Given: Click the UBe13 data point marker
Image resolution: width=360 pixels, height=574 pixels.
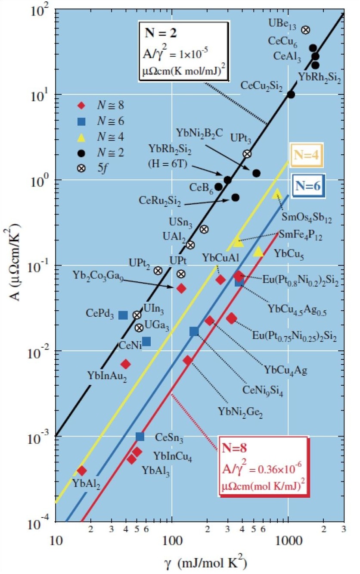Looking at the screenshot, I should (305, 30).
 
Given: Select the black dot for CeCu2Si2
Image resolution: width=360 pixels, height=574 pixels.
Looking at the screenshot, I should (291, 94).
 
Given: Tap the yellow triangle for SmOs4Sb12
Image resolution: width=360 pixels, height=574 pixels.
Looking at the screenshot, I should (277, 194).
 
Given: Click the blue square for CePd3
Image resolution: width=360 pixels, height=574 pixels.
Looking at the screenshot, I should (123, 315).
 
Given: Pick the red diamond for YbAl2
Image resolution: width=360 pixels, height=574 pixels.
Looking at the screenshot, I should (81, 471).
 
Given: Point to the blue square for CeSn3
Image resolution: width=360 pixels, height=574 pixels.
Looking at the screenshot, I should (140, 437).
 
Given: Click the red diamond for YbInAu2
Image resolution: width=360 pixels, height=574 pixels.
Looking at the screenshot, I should (125, 364).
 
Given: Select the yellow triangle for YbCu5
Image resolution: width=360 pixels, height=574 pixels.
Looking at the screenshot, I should (258, 252).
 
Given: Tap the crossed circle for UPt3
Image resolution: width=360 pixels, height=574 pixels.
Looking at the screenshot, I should (247, 154).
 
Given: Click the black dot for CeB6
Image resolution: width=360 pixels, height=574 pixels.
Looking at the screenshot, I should (218, 187).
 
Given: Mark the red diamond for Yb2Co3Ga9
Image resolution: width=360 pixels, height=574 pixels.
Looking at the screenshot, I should (181, 288).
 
